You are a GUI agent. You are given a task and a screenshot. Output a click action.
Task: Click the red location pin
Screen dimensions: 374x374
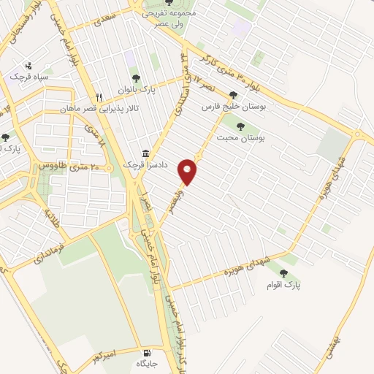pyautogui.click(x=190, y=170)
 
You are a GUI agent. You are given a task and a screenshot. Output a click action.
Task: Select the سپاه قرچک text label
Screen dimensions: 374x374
pyautogui.click(x=28, y=77)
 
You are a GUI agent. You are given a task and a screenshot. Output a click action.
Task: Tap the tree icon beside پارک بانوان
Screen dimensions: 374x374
pyautogui.click(x=135, y=78)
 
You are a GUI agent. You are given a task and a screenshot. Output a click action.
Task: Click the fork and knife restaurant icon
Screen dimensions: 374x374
pyautogui.click(x=99, y=97)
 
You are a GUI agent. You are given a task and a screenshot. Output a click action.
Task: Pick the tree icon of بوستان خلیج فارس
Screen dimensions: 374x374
pyautogui.click(x=233, y=95)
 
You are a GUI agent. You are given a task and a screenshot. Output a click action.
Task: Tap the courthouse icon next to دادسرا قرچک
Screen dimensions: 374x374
pyautogui.click(x=146, y=154)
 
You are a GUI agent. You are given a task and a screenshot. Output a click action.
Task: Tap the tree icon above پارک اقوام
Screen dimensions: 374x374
pyautogui.click(x=283, y=273)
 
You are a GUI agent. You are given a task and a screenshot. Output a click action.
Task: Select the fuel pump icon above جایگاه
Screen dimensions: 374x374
pyautogui.click(x=140, y=350)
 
